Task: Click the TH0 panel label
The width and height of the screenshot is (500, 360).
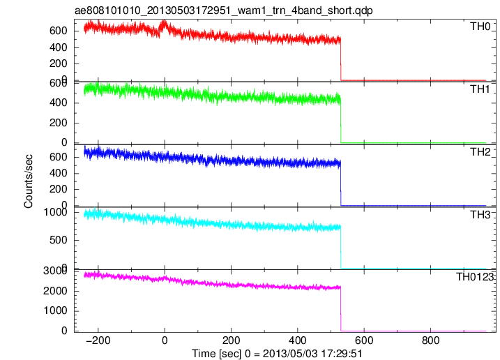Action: click(x=480, y=27)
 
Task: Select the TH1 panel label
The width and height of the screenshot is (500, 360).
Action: click(x=480, y=89)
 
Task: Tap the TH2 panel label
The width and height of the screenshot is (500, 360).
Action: click(x=480, y=152)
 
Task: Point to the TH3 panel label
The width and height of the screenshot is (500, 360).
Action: click(x=480, y=215)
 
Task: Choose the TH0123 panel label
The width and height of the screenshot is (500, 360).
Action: click(x=475, y=277)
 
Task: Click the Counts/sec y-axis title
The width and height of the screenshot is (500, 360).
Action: click(x=29, y=181)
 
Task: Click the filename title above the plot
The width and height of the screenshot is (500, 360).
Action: click(x=224, y=10)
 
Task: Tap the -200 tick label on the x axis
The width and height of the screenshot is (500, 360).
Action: click(x=98, y=340)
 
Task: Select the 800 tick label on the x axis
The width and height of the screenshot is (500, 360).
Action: click(x=430, y=340)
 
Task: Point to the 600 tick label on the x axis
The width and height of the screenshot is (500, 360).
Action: click(x=364, y=340)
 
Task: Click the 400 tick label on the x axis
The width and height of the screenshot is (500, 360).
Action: click(x=298, y=340)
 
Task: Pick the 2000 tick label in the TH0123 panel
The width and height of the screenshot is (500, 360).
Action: click(x=56, y=291)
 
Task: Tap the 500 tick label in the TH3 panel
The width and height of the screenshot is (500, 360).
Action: click(x=59, y=240)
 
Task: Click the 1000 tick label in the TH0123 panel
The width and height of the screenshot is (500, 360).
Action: click(x=56, y=310)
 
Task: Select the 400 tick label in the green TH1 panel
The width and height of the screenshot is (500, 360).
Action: click(x=59, y=103)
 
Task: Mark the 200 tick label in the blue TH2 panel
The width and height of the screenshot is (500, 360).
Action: click(x=59, y=189)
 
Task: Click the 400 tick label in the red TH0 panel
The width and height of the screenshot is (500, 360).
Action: click(x=59, y=47)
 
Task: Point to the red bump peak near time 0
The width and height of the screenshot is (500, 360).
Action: click(x=164, y=22)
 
